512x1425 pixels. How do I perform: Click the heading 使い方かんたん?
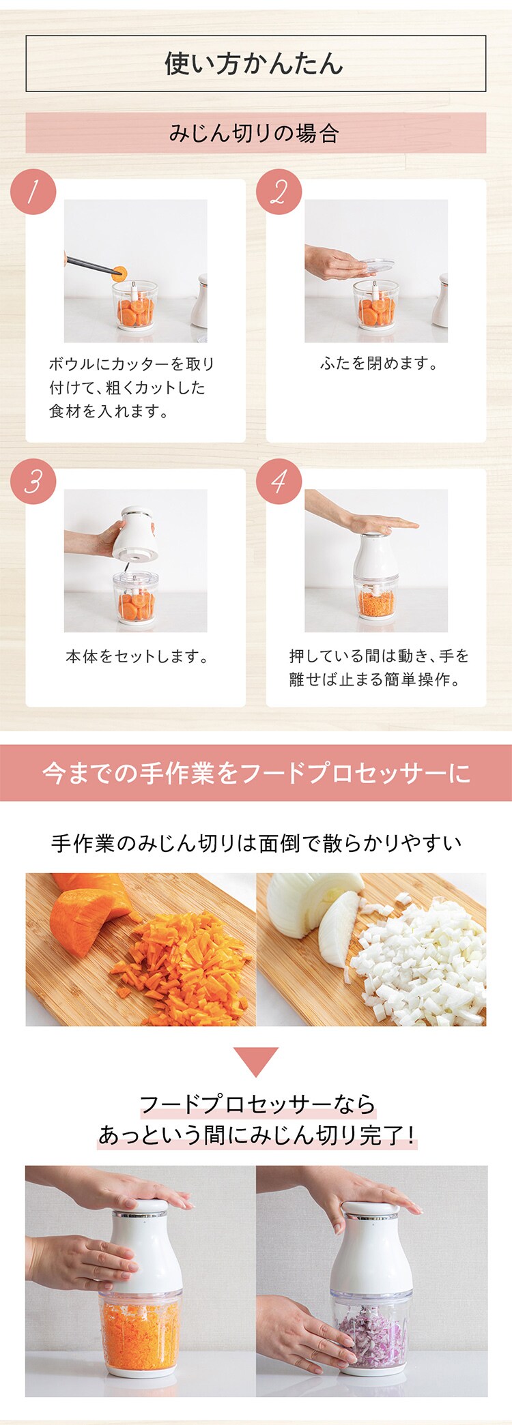[x=255, y=64]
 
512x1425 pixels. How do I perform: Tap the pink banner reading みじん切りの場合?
[x=255, y=133]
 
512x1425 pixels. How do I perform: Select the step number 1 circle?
[x=33, y=192]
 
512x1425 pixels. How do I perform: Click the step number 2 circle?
[x=279, y=192]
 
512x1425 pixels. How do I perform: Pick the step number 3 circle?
[x=33, y=482]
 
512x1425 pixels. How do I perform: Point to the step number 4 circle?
[x=279, y=482]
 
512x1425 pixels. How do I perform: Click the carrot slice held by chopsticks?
[x=119, y=274]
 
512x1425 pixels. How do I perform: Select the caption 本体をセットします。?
[x=137, y=656]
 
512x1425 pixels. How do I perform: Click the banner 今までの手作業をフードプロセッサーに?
[x=256, y=773]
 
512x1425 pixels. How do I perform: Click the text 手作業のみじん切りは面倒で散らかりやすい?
[x=256, y=843]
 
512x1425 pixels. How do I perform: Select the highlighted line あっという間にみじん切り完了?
[x=256, y=1134]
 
